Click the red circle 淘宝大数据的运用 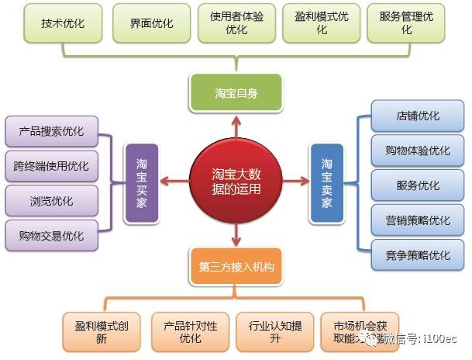tap(236, 182)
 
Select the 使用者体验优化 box tap(236, 23)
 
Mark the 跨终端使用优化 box tap(51, 166)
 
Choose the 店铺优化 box tap(417, 116)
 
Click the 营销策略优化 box tap(417, 220)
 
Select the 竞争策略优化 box tap(417, 254)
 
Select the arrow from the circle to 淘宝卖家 tap(295, 182)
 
